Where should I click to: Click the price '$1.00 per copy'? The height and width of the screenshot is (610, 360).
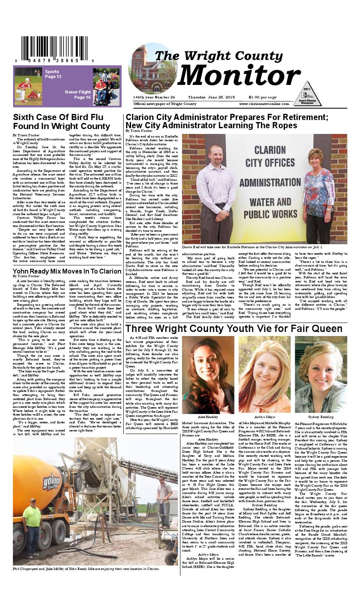pyautogui.click(x=262, y=97)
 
